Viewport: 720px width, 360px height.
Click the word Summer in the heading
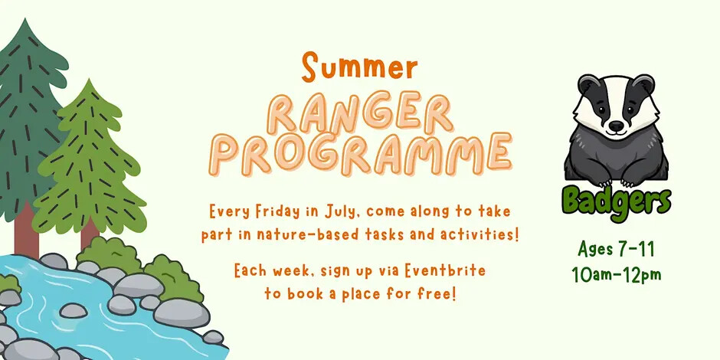pos(359,67)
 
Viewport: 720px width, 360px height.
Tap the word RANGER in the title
pos(360,113)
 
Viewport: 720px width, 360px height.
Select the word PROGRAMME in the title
pos(361,153)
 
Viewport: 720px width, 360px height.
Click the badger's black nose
pos(617,126)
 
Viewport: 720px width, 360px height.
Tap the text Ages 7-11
pos(617,250)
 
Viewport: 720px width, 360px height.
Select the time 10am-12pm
pos(617,274)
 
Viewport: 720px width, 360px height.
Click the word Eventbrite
pos(444,271)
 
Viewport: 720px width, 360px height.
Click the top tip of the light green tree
pos(89,80)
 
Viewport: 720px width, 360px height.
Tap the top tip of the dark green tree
pos(25,19)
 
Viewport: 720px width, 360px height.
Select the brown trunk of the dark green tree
pos(26,232)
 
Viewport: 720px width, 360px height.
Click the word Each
pos(250,271)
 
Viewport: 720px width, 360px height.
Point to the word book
pos(304,293)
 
